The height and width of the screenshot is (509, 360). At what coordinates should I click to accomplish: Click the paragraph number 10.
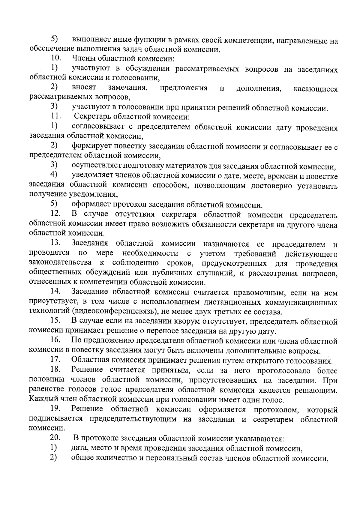pos(55,59)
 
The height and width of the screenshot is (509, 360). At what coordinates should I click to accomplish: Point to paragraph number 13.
pos(55,244)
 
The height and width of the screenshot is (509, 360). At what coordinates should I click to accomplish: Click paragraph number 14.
pos(55,292)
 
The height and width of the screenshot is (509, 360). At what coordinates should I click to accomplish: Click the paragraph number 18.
pos(55,370)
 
